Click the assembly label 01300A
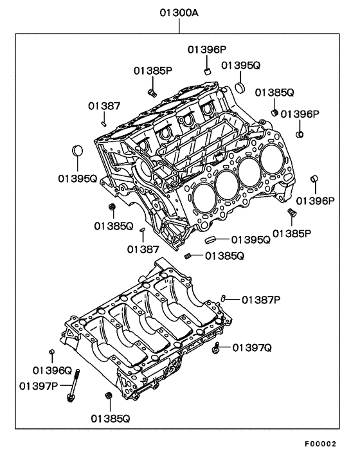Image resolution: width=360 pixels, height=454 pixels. (179, 13)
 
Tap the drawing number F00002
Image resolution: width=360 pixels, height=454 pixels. (320, 443)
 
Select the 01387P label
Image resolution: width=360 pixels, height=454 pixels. (261, 300)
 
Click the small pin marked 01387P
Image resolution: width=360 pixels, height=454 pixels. (223, 298)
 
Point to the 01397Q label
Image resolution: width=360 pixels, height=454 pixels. (252, 347)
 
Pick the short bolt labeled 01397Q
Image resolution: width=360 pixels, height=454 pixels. (216, 347)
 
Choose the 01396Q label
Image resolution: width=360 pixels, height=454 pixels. (52, 370)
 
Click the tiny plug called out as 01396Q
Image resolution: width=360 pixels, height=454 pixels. (52, 352)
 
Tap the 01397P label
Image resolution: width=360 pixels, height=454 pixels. (39, 386)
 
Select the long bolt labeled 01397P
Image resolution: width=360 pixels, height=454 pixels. (73, 386)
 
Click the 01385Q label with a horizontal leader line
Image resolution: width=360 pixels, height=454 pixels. (224, 256)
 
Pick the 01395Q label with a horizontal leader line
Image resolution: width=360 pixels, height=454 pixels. (251, 240)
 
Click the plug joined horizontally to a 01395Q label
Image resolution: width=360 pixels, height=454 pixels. (210, 240)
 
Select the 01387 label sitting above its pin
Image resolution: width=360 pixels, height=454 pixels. (104, 106)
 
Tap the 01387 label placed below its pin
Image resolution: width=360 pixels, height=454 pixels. (143, 250)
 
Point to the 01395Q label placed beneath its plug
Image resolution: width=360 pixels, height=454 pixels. (78, 179)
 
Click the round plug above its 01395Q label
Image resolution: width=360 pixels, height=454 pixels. (77, 150)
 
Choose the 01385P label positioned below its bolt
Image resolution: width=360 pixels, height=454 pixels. (292, 233)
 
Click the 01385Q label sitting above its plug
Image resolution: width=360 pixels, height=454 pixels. (274, 93)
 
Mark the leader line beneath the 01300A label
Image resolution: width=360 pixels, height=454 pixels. (179, 26)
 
